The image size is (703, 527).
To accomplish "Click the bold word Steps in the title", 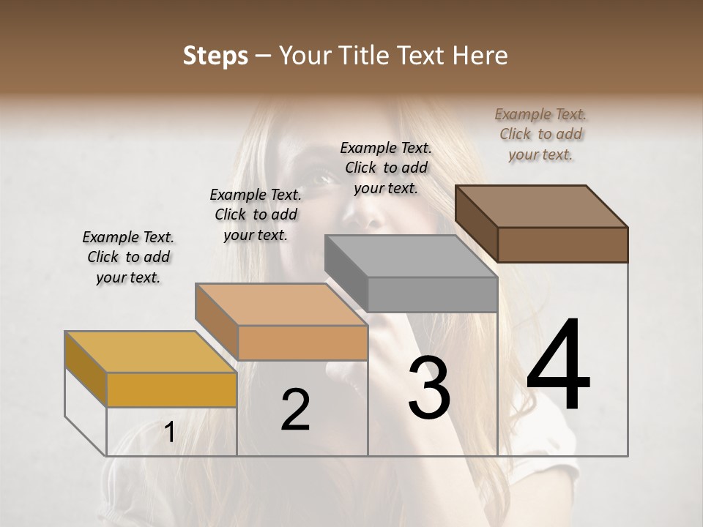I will point(215,56).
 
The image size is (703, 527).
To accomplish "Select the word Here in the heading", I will point(480,56).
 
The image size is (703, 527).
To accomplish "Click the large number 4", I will point(558,366).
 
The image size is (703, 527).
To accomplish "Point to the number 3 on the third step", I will point(429,388).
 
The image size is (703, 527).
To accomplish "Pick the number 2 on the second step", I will point(295,410).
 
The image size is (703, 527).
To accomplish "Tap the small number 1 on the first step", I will point(169,433).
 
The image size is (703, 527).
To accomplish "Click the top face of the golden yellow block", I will point(149,352).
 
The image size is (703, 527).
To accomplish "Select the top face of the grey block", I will point(410,256).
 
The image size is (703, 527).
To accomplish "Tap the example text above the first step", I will point(128,257).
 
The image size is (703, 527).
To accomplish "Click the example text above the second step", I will point(256,214).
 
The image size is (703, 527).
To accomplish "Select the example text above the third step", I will point(386,168).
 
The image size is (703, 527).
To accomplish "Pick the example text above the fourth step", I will point(540,134).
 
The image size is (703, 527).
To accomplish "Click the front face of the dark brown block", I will point(562,244).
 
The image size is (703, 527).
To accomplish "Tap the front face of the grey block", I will point(432,294).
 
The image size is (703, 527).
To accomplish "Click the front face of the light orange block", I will point(302,343).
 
